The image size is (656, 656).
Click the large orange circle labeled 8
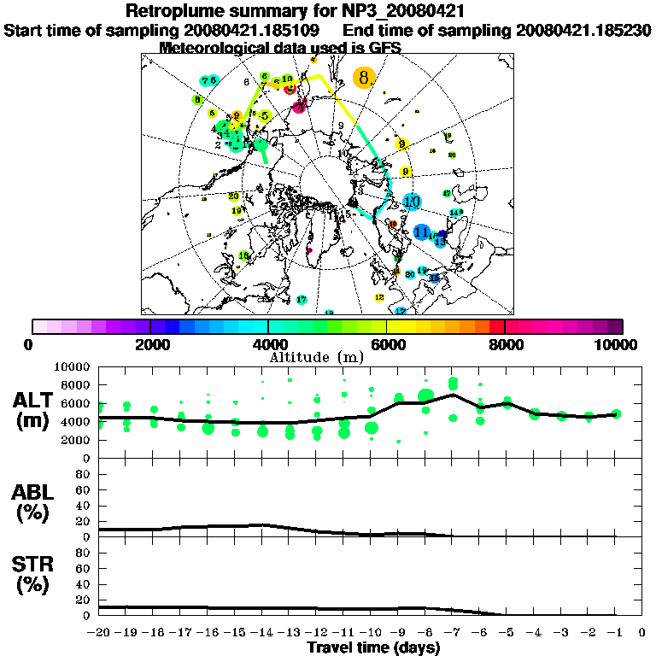(364, 78)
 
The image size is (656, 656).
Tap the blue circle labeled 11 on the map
(421, 231)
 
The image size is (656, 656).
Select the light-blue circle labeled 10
(412, 202)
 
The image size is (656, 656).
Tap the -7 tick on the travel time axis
(453, 634)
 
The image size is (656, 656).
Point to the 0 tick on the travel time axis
(642, 634)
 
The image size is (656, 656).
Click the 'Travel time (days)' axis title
(373, 647)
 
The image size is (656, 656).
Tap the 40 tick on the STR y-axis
(85, 583)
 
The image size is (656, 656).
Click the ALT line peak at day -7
(453, 395)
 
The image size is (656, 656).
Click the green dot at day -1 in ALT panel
(616, 413)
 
